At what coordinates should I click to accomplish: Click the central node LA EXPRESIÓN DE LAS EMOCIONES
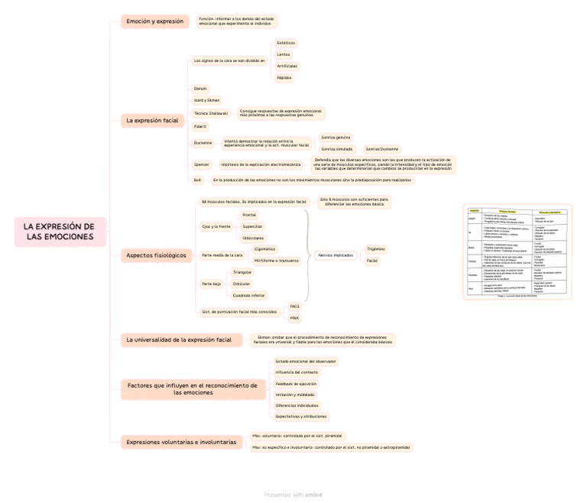point(60,232)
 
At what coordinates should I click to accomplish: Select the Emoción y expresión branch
point(154,21)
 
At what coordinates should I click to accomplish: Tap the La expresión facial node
point(152,121)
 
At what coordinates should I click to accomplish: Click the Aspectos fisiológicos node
point(156,255)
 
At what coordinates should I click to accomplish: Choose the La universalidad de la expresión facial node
point(179,339)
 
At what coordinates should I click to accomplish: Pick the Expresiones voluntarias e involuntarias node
point(181,442)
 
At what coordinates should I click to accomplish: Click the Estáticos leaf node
point(285,43)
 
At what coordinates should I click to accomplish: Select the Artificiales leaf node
point(287,67)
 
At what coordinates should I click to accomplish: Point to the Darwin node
point(200,89)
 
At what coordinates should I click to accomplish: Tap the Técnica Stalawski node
point(211,112)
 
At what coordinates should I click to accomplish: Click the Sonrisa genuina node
point(336,138)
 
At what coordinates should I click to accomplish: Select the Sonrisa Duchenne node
point(381,149)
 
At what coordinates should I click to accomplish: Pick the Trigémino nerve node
point(375,249)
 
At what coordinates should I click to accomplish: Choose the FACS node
point(294,306)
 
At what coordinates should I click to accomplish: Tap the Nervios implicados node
point(336,255)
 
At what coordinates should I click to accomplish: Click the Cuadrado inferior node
point(249,295)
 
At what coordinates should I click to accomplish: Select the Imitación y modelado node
point(294,394)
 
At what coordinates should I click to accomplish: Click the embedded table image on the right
point(517,251)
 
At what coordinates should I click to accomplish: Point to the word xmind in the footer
point(313,495)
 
